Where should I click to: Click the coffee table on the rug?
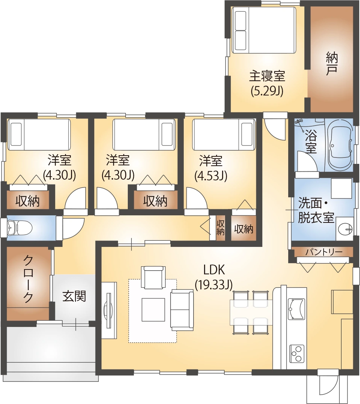point(153,309)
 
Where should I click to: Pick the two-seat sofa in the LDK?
point(182,310)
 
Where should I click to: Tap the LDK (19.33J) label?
point(213,277)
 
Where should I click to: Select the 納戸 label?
point(331,64)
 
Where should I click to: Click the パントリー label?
point(324,252)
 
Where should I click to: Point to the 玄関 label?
point(74,296)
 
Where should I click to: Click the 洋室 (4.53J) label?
point(210,168)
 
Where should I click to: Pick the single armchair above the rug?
point(153,277)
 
